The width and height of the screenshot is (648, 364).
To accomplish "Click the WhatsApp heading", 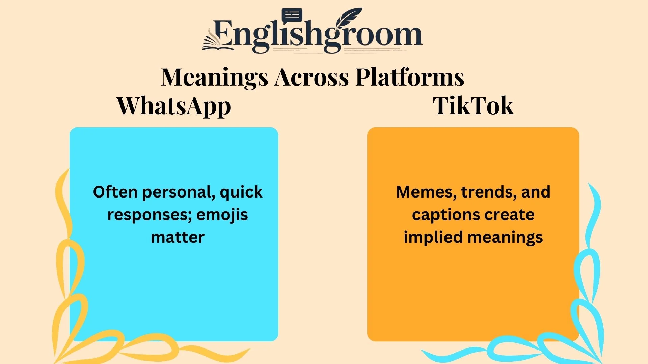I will (x=173, y=106).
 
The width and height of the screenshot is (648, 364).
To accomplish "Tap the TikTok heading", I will (x=473, y=106).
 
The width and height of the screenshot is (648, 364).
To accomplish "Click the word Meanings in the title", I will (x=214, y=77).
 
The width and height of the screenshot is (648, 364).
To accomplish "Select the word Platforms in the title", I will (x=410, y=77).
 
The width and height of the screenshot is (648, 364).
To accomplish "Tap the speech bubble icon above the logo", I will (x=292, y=16).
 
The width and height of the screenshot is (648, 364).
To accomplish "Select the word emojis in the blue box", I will (x=222, y=215).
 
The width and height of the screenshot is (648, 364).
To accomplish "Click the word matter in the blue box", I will (x=178, y=237).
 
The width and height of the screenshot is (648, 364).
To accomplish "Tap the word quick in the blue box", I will (x=241, y=192).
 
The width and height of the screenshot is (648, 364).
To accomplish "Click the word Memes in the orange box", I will (x=426, y=192).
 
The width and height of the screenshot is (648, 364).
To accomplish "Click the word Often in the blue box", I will (x=115, y=192).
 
